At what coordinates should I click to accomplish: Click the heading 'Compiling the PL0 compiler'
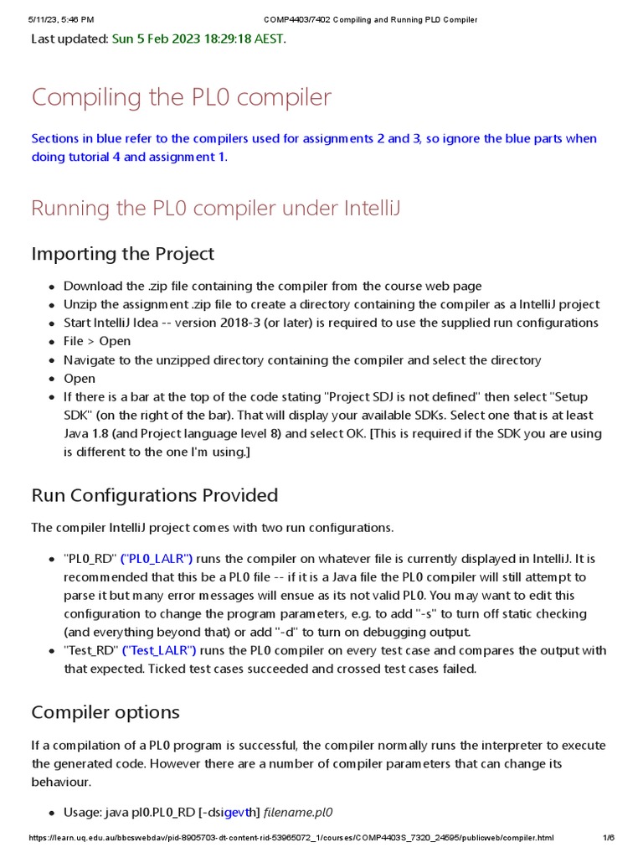point(181,97)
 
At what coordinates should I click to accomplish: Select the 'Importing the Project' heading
point(122,253)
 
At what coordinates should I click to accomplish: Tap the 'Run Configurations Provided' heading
point(154,495)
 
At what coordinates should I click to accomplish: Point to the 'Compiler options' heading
point(105,712)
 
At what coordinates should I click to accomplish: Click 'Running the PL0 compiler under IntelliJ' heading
point(216,208)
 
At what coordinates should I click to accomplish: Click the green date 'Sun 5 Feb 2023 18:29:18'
point(198,39)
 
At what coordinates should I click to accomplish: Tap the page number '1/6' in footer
point(609,838)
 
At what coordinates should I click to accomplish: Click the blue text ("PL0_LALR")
point(157,559)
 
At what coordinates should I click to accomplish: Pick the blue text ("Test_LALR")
point(159,651)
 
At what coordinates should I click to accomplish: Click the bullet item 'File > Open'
point(97,341)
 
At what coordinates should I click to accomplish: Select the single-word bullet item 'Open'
point(80,378)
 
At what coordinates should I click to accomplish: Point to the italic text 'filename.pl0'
point(298,812)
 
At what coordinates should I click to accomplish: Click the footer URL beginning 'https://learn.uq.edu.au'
point(291,838)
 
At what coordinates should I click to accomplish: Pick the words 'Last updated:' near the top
point(69,39)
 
